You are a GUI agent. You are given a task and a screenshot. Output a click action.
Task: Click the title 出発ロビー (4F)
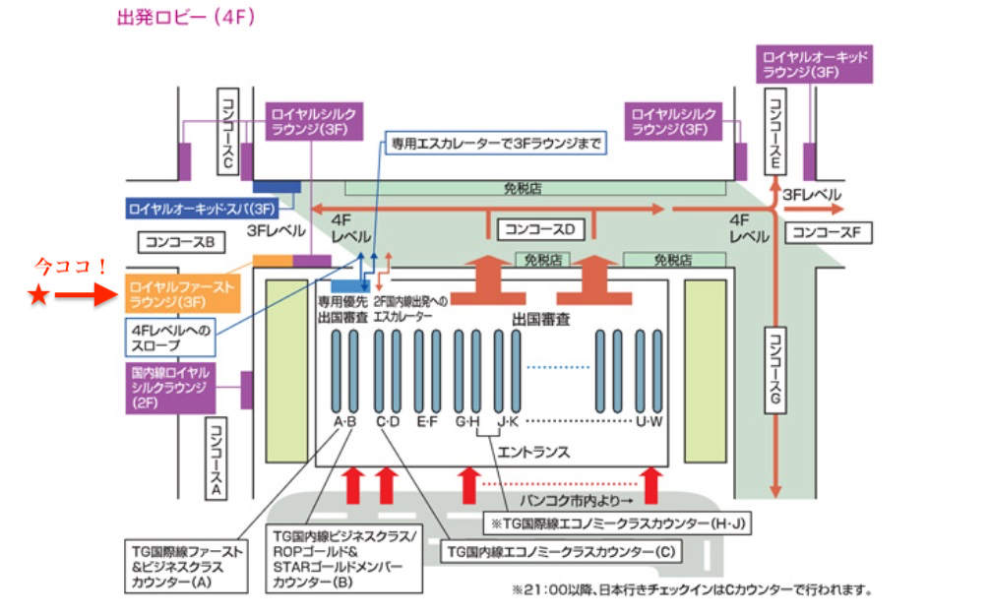click(186, 18)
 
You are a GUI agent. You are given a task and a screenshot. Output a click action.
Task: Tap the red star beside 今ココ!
click(37, 296)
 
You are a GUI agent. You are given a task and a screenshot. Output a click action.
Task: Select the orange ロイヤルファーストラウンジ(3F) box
click(182, 292)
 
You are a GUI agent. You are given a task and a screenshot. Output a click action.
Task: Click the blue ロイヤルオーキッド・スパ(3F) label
click(202, 209)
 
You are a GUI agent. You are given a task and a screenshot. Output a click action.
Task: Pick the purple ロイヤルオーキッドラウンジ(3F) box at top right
click(816, 64)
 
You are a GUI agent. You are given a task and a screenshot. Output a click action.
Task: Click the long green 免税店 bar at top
click(537, 187)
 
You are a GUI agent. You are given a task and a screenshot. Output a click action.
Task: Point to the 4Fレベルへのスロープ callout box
click(170, 338)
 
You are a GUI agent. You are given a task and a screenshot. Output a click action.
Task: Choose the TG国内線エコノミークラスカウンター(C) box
click(561, 552)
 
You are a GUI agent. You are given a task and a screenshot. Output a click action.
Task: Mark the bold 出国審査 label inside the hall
click(540, 320)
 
